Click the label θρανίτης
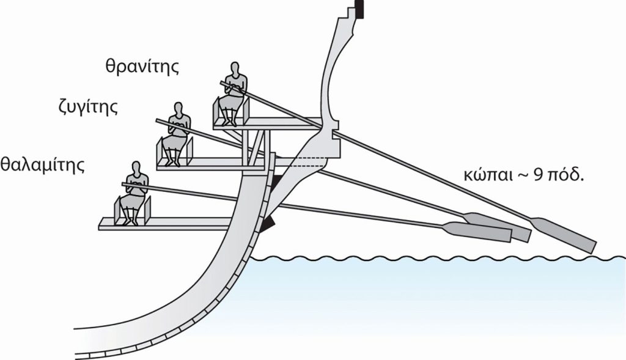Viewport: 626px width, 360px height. point(142,66)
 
